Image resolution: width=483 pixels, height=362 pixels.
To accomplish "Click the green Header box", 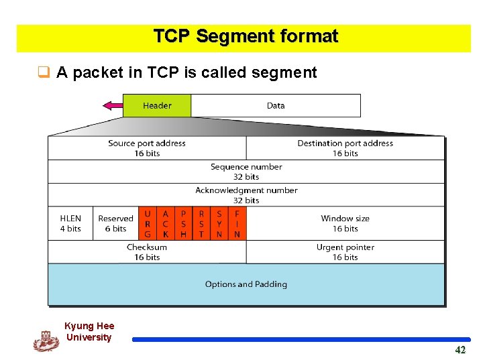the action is [157, 106].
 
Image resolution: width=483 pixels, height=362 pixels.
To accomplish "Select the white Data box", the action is [276, 106].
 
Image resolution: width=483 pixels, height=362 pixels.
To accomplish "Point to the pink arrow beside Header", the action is [112, 105].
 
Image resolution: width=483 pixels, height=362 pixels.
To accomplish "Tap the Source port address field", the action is [147, 148].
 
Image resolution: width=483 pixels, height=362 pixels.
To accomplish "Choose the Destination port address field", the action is [345, 148].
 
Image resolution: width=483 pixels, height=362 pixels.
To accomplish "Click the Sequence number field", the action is [246, 172].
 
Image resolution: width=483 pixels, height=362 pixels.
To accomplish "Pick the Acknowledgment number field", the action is [246, 195].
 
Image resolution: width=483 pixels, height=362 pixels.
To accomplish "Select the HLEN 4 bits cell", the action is [70, 223].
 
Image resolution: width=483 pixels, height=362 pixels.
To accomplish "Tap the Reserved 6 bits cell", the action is [115, 223].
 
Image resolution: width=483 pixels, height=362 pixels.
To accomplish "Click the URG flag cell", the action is [148, 224].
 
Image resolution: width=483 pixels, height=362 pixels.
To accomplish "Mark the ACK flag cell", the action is [166, 224].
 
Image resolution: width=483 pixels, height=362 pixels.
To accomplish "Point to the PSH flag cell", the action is [183, 224].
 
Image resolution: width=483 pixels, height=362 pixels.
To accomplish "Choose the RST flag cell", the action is [201, 224].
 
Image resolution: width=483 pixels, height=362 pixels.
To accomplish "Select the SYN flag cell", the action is [219, 224].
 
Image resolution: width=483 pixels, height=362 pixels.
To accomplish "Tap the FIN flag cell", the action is [237, 224].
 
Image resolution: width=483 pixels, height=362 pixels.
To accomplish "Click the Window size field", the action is [345, 223].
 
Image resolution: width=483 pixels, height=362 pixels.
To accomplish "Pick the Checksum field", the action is [147, 252].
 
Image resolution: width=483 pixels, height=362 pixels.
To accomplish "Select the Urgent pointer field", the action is [345, 252].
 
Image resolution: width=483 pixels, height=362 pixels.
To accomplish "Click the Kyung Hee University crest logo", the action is [46, 341].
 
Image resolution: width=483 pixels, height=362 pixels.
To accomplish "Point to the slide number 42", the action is [460, 350].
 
